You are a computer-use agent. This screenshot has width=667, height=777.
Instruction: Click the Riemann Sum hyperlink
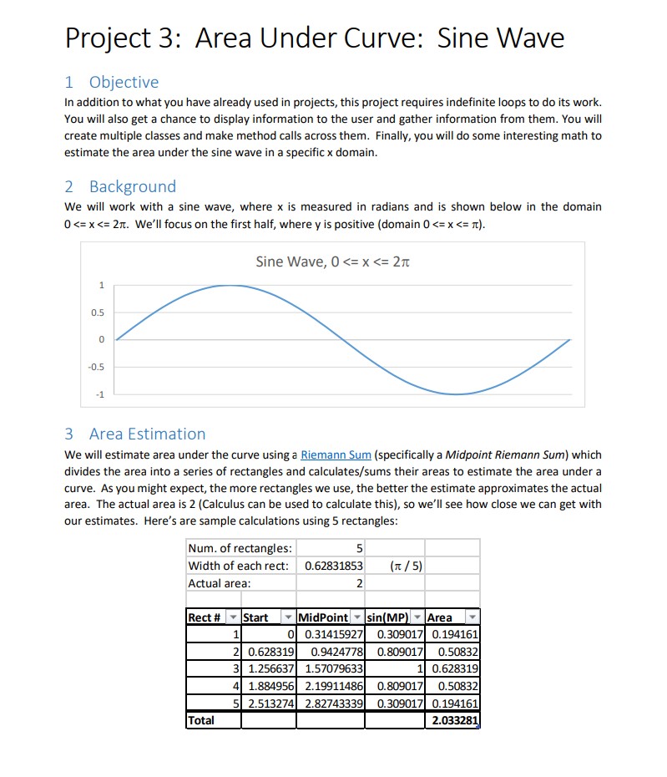pyautogui.click(x=336, y=455)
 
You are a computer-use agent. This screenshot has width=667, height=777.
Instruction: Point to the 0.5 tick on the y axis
pyautogui.click(x=99, y=312)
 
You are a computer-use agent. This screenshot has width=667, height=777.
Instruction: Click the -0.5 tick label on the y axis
pyautogui.click(x=97, y=367)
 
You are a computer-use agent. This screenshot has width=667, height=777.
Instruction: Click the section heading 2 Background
pyautogui.click(x=120, y=186)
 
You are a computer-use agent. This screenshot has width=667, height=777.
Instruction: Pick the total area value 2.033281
pyautogui.click(x=452, y=720)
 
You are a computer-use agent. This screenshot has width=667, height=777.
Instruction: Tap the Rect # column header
pyautogui.click(x=205, y=617)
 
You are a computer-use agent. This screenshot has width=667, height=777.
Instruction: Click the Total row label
pyautogui.click(x=202, y=720)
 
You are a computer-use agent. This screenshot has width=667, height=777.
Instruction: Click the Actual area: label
pyautogui.click(x=220, y=583)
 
